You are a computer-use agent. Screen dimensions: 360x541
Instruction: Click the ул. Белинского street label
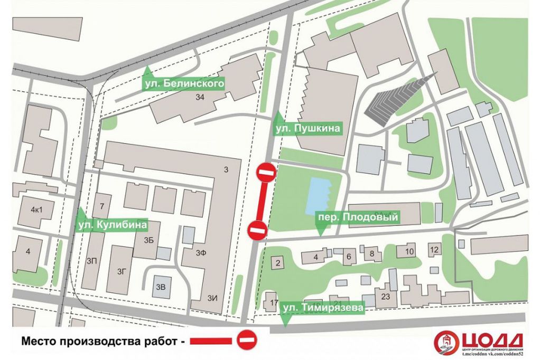pyautogui.click(x=184, y=83)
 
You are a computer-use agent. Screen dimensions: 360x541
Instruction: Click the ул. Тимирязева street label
pyautogui.click(x=322, y=307)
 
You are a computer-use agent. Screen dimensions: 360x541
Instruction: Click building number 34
pyautogui.click(x=199, y=97)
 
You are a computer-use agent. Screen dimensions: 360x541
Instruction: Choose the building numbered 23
pyautogui.click(x=385, y=297)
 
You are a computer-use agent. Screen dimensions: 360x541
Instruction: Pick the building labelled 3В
pyautogui.click(x=161, y=288)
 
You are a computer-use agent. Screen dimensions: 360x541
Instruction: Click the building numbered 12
pyautogui.click(x=434, y=250)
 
